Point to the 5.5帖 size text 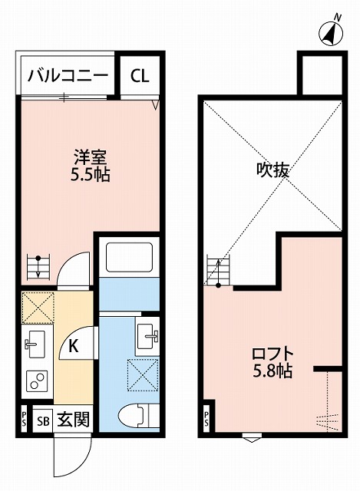(90, 174)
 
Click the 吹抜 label (272, 170)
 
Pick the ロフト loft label (272, 354)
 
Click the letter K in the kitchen (74, 346)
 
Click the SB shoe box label (43, 420)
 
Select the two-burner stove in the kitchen (35, 381)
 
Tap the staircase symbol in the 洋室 (36, 267)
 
